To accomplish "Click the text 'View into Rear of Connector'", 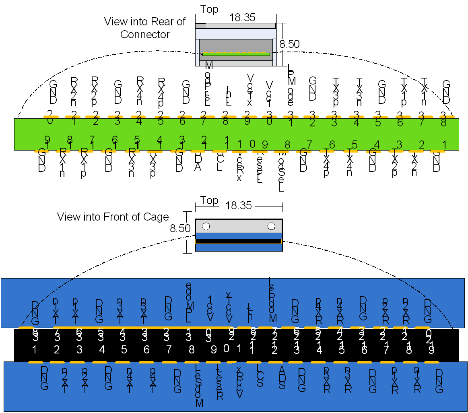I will pyautogui.click(x=145, y=28).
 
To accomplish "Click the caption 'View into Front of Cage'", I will pyautogui.click(x=113, y=217).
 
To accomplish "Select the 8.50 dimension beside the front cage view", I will pyautogui.click(x=180, y=229).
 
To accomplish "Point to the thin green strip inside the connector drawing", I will pyautogui.click(x=236, y=54).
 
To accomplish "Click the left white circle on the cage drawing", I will pyautogui.click(x=206, y=226).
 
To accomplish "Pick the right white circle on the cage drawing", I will pyautogui.click(x=271, y=226).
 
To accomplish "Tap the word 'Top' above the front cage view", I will pyautogui.click(x=209, y=200).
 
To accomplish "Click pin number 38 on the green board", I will pyautogui.click(x=443, y=119).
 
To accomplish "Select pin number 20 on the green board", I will pyautogui.click(x=50, y=117).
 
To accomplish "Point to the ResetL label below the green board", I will pyautogui.click(x=260, y=166).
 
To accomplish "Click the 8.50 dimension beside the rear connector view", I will pyautogui.click(x=290, y=44).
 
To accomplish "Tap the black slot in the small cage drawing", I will pyautogui.click(x=238, y=241).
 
